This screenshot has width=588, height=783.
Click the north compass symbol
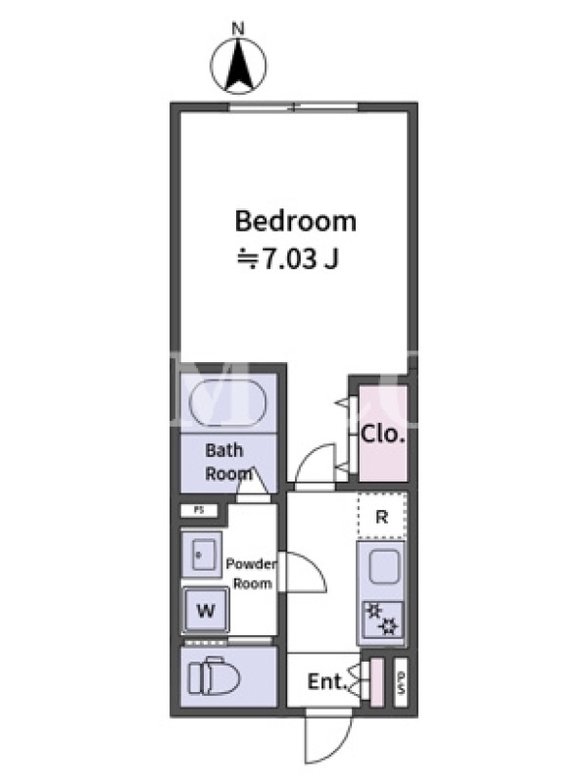tap(238, 66)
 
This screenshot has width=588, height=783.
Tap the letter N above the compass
tap(238, 29)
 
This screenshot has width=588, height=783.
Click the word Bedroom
tap(296, 221)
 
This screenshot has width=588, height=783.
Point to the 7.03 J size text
tap(288, 259)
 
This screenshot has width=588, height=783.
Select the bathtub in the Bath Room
tap(228, 403)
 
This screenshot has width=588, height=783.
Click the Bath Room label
tap(228, 462)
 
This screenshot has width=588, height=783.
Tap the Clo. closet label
tap(382, 435)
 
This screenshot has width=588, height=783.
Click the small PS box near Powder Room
tap(199, 510)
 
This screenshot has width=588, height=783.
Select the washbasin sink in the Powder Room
tap(201, 554)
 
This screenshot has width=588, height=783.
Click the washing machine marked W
tap(206, 610)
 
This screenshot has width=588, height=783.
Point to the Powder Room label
tap(252, 574)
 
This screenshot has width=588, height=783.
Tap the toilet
tap(214, 678)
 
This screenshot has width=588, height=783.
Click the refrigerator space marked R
tap(382, 516)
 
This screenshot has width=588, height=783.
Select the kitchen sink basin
tap(384, 567)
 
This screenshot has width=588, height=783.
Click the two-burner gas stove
tap(382, 620)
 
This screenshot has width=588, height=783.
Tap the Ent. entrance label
tap(327, 681)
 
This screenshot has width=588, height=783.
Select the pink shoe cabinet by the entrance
tap(376, 682)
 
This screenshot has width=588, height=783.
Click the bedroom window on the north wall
tap(294, 107)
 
